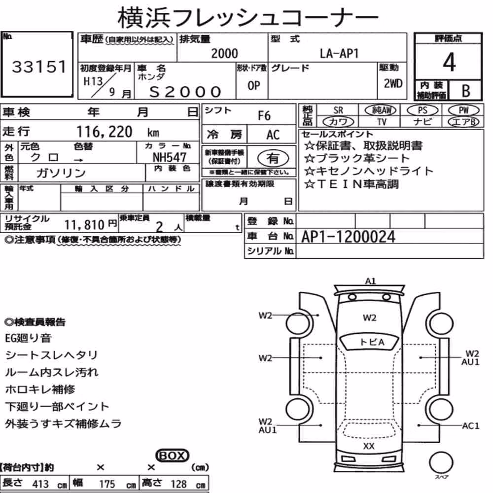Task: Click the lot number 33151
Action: coord(39,67)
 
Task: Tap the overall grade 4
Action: coord(449,62)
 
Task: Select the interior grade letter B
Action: coord(466,91)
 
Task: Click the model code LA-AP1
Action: coord(339,53)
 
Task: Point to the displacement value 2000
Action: coord(224,53)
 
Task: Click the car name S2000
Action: coord(185,92)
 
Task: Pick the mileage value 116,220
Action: coord(105,132)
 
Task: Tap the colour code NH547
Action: coord(170,157)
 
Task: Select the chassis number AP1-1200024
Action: coord(348,237)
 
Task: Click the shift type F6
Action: coord(264,116)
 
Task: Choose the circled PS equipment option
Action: coord(423,110)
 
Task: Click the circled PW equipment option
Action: coord(463,110)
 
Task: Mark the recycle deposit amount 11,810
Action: coord(84,225)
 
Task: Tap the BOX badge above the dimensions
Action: coord(172,456)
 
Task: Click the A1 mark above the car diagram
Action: coord(370,281)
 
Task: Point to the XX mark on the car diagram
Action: coord(368,446)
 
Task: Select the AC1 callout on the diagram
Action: coord(470,426)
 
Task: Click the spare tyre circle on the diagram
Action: coord(441,462)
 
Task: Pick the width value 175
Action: coord(107,484)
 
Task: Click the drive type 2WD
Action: coord(393,83)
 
